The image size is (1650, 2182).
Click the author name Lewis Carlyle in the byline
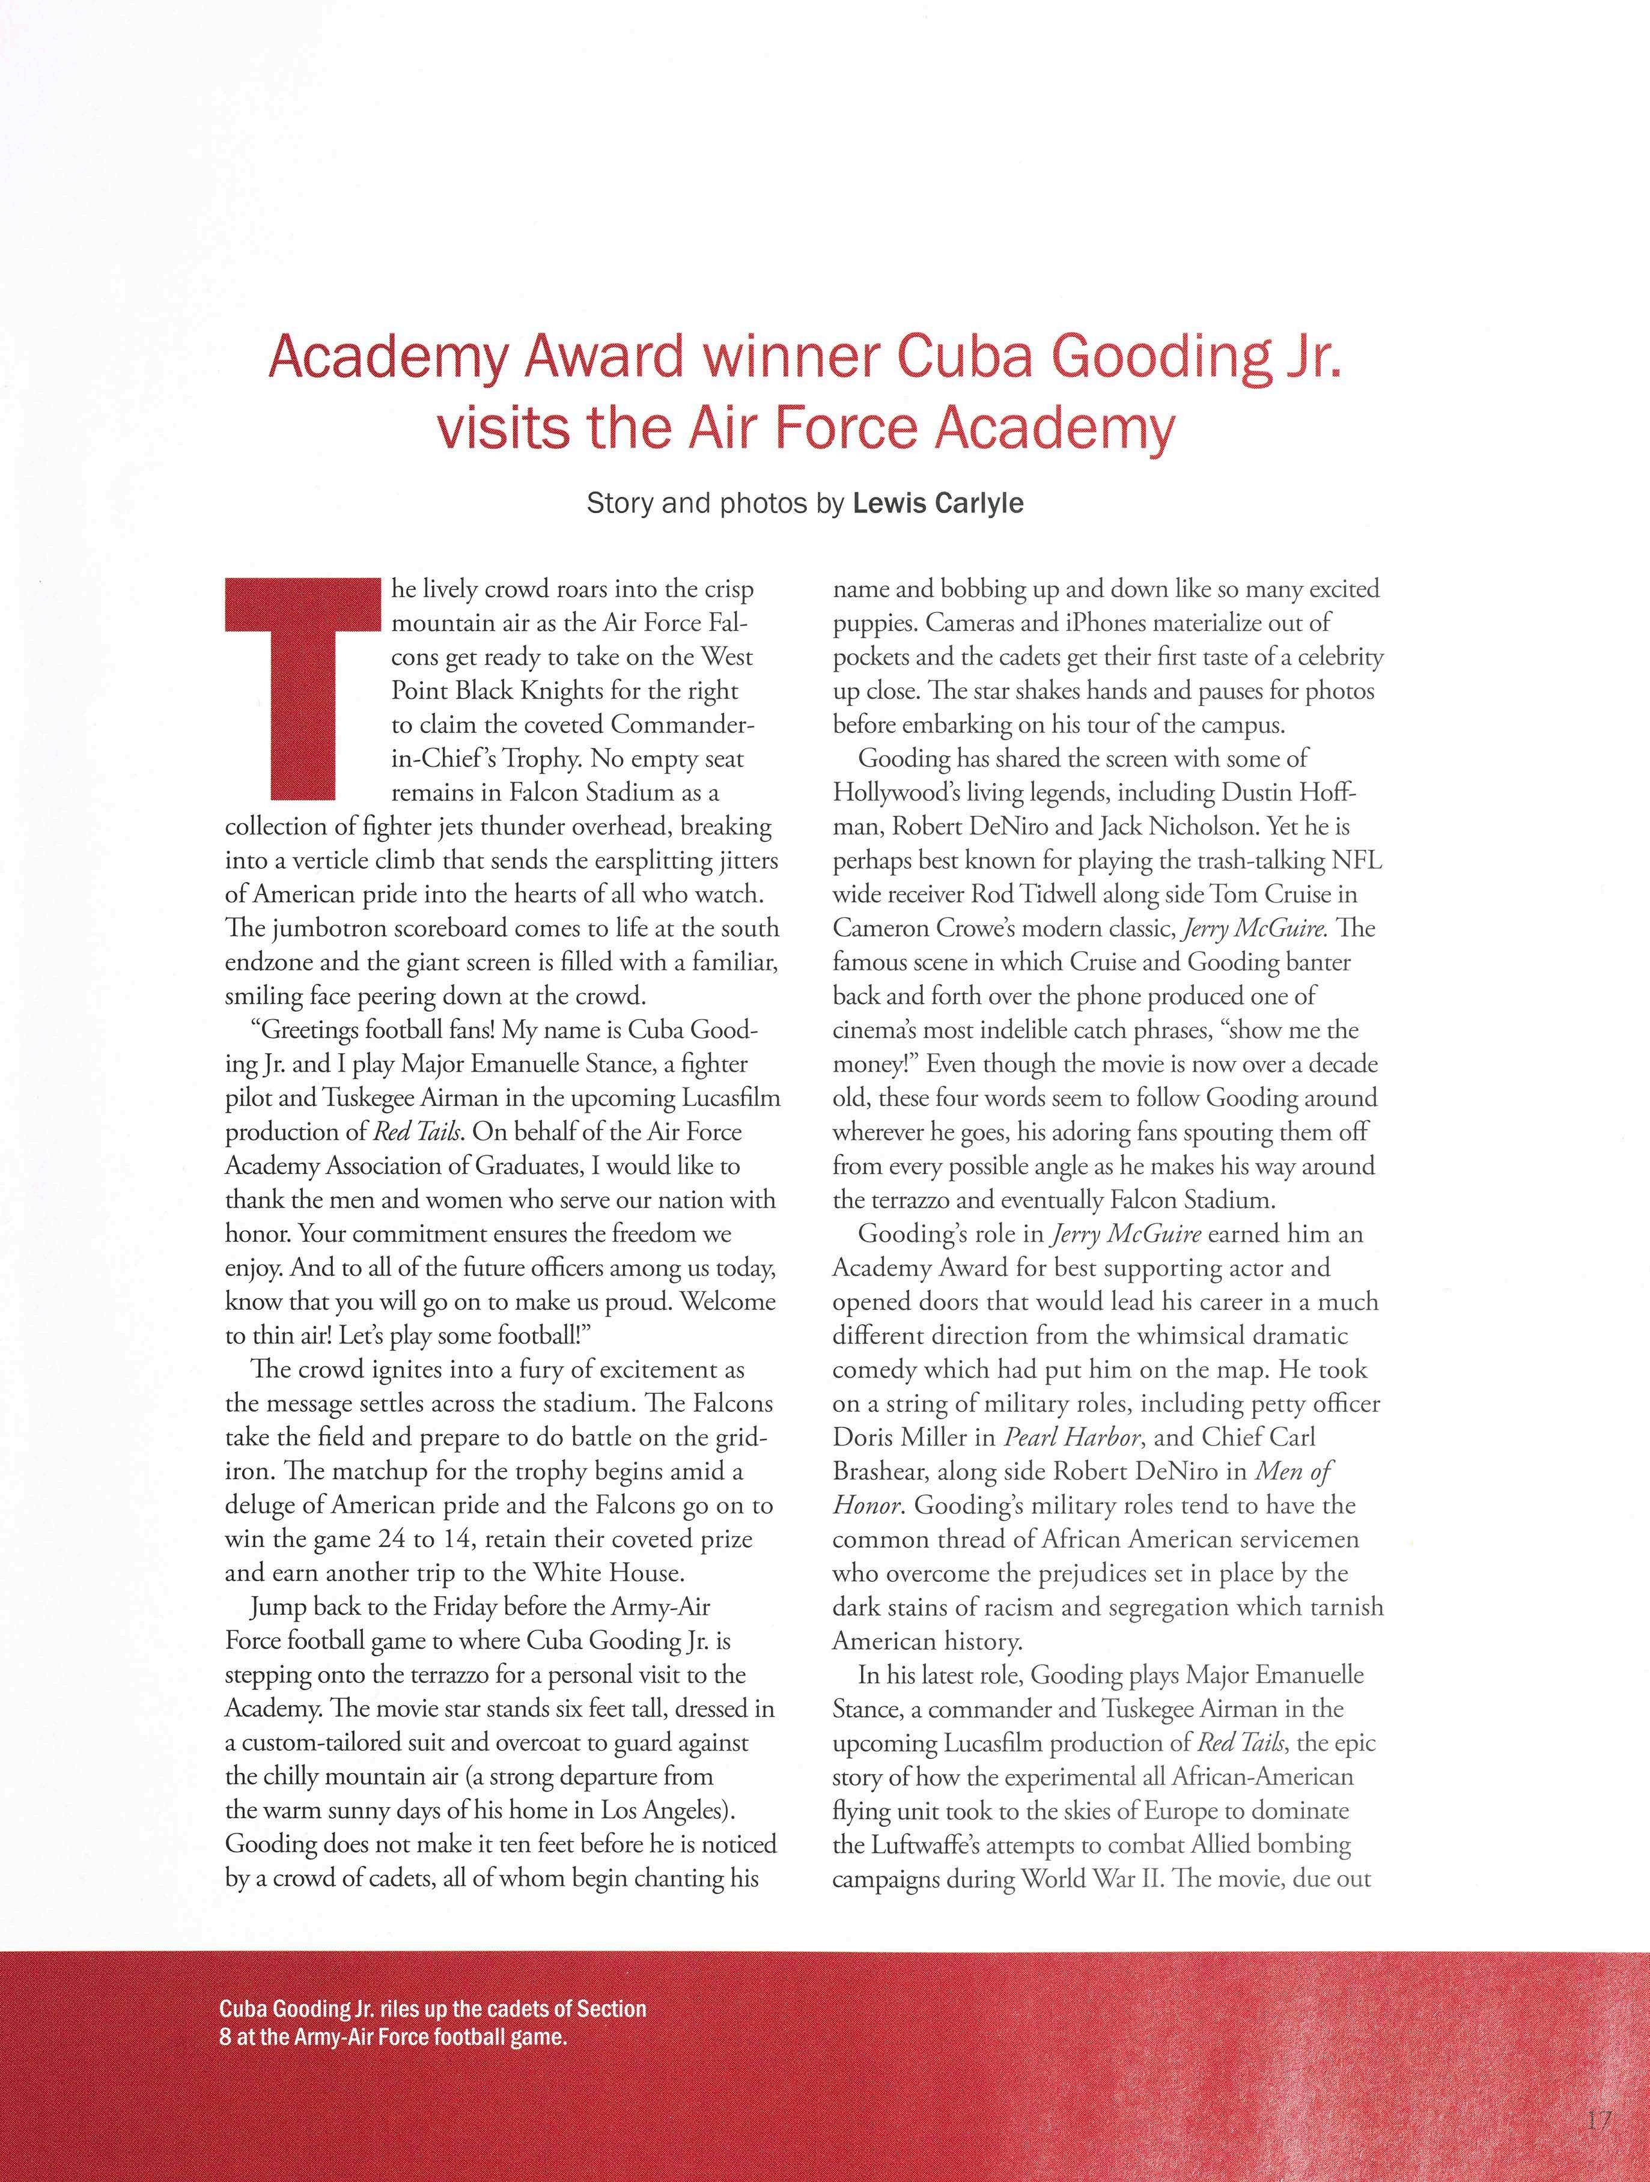tap(937, 504)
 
